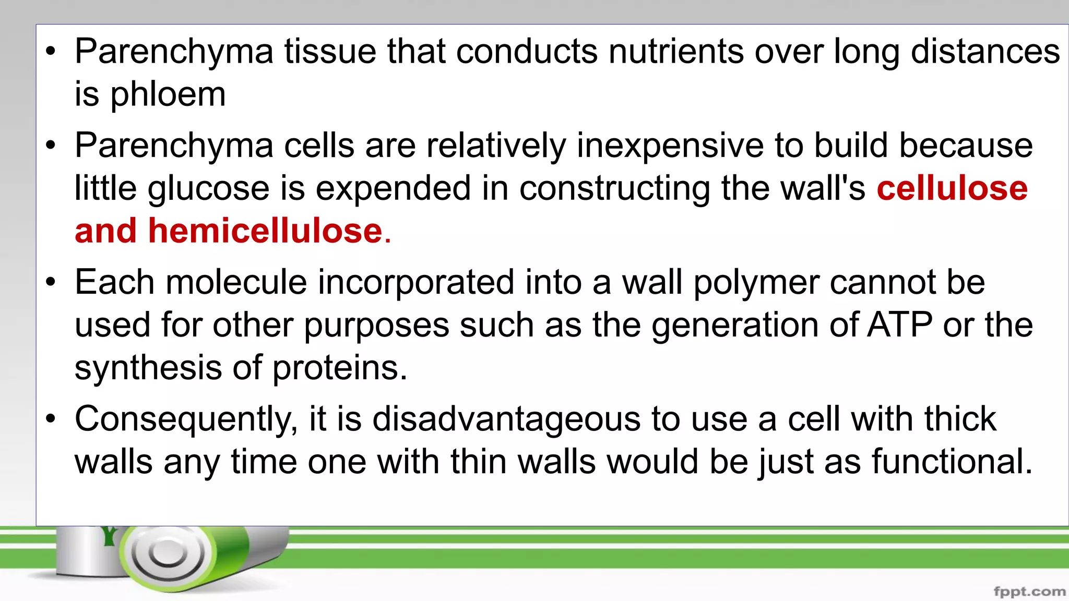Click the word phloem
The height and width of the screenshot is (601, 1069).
click(x=168, y=95)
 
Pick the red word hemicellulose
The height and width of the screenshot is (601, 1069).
click(x=265, y=231)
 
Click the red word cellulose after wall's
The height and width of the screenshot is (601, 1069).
click(x=952, y=188)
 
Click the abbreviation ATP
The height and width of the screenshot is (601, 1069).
click(x=900, y=325)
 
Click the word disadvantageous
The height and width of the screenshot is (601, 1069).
click(x=506, y=419)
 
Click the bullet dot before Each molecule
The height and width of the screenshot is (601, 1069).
click(x=50, y=283)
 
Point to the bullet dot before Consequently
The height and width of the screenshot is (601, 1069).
click(x=50, y=419)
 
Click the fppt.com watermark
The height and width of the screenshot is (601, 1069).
click(x=1029, y=591)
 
